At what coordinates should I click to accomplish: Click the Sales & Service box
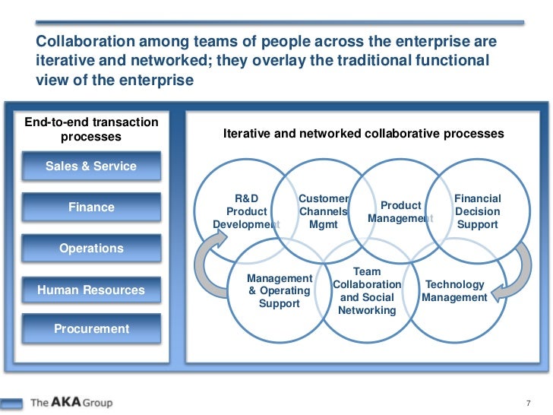[x=91, y=166]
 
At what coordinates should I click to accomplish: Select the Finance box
[x=91, y=207]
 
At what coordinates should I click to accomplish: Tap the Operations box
[x=91, y=249]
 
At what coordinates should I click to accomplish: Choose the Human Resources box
[x=91, y=290]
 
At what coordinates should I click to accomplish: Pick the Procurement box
[x=91, y=329]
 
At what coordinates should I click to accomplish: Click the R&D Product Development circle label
[x=246, y=211]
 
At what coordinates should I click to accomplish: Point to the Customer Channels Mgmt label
[x=324, y=211]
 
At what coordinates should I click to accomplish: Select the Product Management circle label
[x=400, y=212]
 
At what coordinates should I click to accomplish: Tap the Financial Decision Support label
[x=477, y=211]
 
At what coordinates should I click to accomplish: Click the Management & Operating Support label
[x=280, y=291]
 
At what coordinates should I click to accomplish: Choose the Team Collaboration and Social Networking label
[x=367, y=291]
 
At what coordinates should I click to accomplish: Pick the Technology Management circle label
[x=454, y=291]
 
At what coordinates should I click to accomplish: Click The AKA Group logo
[x=71, y=401]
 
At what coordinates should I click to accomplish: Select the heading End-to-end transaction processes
[x=91, y=129]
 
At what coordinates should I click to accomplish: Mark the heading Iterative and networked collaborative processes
[x=363, y=133]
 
